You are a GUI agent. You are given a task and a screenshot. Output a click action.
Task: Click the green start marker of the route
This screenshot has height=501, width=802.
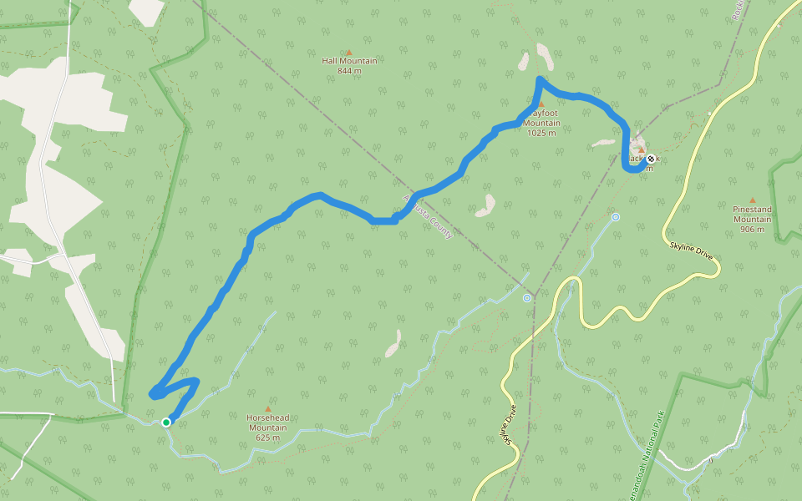166,423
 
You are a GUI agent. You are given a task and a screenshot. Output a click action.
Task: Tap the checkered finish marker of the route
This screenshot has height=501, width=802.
651,159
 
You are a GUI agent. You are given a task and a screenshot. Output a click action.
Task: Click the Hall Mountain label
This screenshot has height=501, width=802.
349,61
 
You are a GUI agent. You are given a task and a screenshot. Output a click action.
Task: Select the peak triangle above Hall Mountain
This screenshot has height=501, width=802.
349,52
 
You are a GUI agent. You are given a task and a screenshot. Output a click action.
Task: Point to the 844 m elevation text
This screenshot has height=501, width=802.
349,71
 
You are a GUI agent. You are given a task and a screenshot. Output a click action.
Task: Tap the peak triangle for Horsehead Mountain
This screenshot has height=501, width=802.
267,408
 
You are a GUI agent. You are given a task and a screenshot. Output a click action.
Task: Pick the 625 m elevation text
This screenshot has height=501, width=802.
267,438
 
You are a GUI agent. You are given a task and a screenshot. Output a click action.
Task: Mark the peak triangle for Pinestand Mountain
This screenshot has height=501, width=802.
752,200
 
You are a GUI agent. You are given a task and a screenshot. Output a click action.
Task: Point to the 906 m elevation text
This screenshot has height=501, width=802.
752,229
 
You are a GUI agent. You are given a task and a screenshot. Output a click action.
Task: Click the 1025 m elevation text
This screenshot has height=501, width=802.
541,133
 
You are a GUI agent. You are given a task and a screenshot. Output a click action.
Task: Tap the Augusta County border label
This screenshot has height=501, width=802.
428,216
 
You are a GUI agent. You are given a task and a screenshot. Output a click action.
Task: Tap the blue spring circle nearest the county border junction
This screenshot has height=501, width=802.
527,298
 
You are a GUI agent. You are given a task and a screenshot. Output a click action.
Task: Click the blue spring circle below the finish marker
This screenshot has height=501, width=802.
616,217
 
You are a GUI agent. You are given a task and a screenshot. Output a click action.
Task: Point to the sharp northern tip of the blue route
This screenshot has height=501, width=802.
540,79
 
